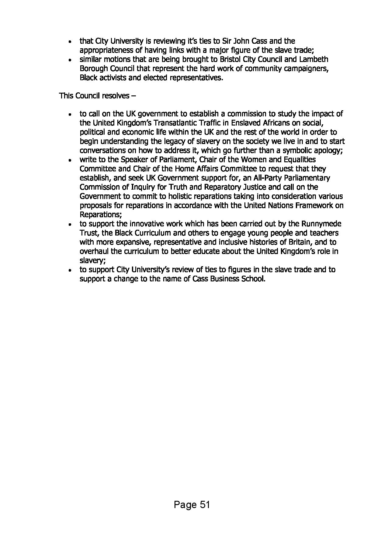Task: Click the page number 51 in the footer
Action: pyautogui.click(x=205, y=505)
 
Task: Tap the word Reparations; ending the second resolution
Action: pyautogui.click(x=101, y=215)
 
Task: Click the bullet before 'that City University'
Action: pyautogui.click(x=70, y=42)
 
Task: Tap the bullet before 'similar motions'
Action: pyautogui.click(x=70, y=60)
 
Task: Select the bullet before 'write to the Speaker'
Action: pyautogui.click(x=70, y=160)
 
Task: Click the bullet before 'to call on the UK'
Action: pyautogui.click(x=70, y=115)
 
